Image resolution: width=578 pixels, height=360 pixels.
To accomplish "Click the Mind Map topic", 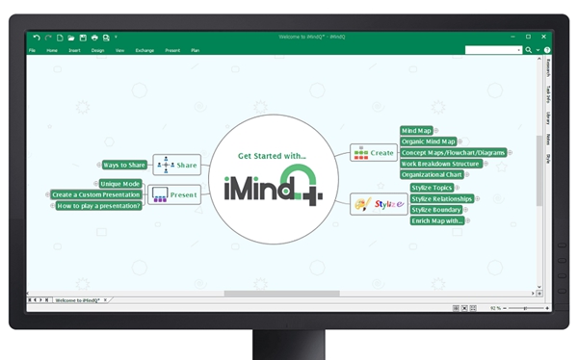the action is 416,130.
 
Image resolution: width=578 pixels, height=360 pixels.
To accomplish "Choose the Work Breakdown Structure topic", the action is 438,164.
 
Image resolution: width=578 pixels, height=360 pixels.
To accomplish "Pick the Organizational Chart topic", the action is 433,175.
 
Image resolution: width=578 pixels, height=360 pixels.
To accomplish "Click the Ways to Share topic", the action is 124,165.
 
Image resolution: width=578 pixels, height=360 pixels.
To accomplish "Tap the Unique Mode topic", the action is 120,183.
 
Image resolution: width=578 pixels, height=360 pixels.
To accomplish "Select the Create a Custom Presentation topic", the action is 96,194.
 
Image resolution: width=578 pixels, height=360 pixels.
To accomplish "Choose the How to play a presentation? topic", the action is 99,205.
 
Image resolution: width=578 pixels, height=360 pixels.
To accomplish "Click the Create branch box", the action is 373,152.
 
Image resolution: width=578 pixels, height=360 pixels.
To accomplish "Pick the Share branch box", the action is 175,165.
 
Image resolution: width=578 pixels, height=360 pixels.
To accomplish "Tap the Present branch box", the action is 173,194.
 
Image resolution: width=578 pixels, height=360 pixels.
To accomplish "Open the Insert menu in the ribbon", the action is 74,50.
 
